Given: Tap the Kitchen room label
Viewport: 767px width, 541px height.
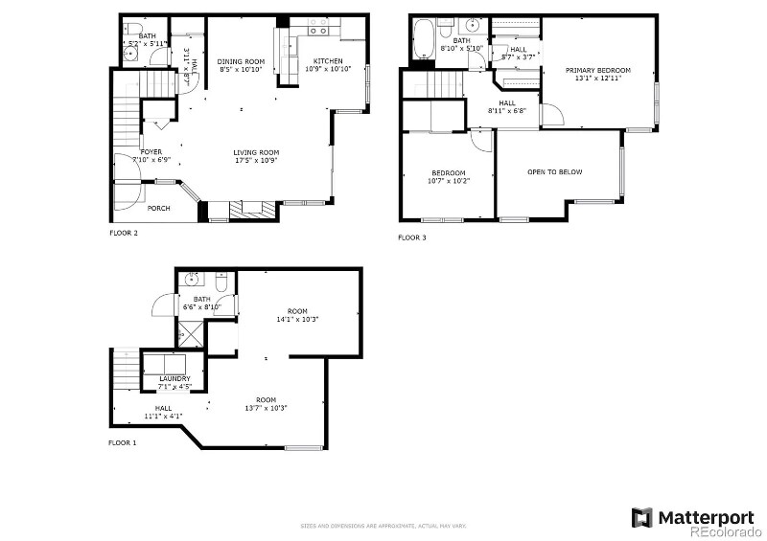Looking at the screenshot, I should (324, 61).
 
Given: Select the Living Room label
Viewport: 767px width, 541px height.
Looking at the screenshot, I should (256, 152).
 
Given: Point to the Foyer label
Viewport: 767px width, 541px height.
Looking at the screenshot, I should (151, 151).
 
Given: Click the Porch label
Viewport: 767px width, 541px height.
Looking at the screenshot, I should (159, 208).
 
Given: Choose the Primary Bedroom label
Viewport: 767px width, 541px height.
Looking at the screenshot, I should (597, 70).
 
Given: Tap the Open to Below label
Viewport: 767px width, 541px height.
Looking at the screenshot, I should (555, 172).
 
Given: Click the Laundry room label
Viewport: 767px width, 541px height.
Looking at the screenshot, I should (174, 378).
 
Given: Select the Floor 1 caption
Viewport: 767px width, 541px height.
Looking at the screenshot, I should (122, 442).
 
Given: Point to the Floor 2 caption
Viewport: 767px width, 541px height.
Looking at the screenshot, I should (124, 232).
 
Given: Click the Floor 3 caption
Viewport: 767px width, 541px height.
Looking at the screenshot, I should (413, 237).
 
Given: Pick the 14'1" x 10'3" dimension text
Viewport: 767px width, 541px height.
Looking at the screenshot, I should (297, 319).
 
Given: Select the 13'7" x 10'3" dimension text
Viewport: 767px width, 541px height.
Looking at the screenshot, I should (266, 408).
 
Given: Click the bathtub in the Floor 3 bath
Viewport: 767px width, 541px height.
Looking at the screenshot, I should (422, 42).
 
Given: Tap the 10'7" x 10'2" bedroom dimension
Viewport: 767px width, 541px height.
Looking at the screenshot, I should (449, 180).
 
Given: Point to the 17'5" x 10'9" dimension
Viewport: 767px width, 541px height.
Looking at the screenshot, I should (256, 160).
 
